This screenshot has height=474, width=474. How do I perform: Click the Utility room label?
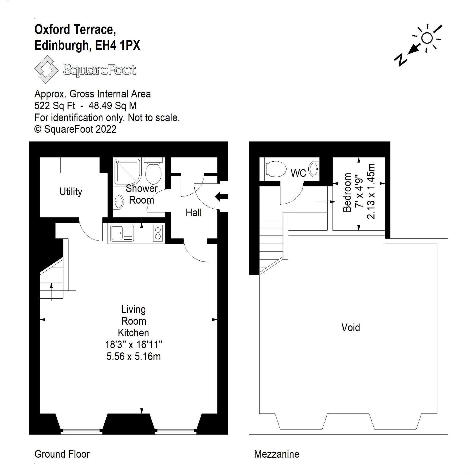[71, 191]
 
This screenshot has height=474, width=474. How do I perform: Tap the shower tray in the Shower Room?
[127, 171]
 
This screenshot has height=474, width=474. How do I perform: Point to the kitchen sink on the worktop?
[122, 233]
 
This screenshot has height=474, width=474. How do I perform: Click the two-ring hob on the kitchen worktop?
[158, 233]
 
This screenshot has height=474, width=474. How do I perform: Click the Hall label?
[194, 213]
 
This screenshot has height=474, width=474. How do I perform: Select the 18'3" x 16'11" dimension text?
[134, 344]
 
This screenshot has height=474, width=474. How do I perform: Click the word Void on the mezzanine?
[350, 327]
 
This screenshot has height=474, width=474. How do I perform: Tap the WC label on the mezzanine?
[298, 173]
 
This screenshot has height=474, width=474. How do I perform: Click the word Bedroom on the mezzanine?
[347, 192]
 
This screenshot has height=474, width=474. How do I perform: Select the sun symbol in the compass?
[427, 38]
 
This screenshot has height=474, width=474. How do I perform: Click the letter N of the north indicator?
[401, 60]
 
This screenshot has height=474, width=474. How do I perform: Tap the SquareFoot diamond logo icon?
[46, 70]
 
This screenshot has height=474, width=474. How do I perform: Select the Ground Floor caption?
[62, 454]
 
